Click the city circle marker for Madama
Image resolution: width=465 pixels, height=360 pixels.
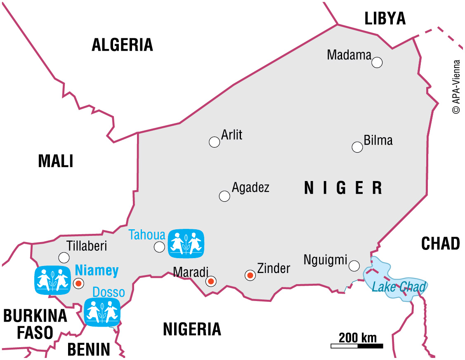pyautogui.click(x=377, y=63)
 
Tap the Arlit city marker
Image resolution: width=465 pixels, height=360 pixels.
pyautogui.click(x=214, y=142)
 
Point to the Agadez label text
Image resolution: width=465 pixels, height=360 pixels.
pyautogui.click(x=250, y=188)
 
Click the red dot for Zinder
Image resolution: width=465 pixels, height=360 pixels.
pyautogui.click(x=250, y=275)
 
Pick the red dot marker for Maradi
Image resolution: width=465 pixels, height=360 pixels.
pyautogui.click(x=211, y=282)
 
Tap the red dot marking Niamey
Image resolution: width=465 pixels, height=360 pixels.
pyautogui.click(x=78, y=283)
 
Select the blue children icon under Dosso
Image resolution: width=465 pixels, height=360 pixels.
pyautogui.click(x=102, y=312)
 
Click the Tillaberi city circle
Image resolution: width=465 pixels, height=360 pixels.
pyautogui.click(x=64, y=258)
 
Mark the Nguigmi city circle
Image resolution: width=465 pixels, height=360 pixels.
pyautogui.click(x=354, y=266)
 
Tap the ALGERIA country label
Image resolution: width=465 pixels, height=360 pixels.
pyautogui.click(x=122, y=45)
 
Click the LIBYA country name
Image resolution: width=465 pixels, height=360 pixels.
pyautogui.click(x=385, y=19)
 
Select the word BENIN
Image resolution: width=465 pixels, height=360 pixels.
pyautogui.click(x=89, y=350)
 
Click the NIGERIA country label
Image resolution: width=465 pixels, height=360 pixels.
pyautogui.click(x=192, y=329)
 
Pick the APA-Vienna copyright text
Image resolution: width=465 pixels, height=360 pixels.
pyautogui.click(x=456, y=87)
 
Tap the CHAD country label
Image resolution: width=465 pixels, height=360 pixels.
pyautogui.click(x=440, y=244)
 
